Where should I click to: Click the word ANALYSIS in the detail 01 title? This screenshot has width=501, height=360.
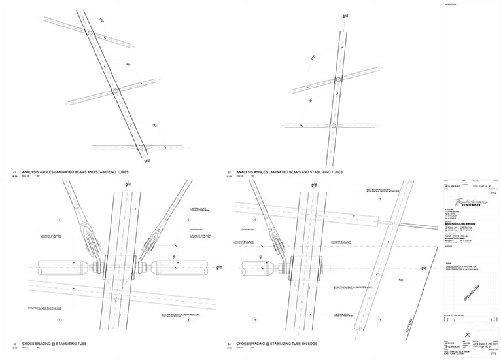(x=31, y=172)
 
